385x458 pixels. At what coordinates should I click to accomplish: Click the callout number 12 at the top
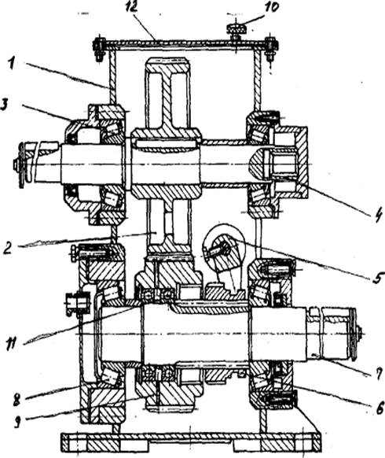[131, 7]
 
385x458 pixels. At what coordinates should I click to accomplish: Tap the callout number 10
[270, 8]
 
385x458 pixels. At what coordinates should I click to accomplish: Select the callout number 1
[12, 64]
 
